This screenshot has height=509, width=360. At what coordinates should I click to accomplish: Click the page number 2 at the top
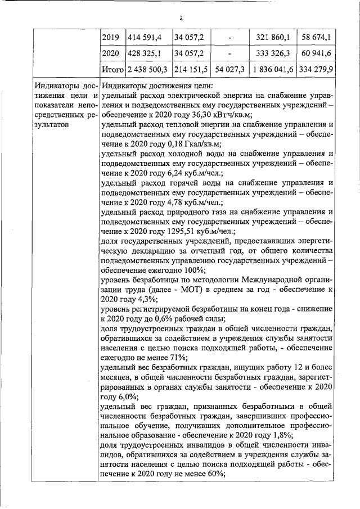point(181,17)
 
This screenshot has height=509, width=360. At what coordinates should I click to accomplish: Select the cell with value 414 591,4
point(145,37)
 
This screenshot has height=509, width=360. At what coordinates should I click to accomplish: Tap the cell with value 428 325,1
point(145,54)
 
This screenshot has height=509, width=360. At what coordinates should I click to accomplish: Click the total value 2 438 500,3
point(147,70)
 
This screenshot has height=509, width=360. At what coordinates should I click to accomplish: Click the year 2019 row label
point(112,37)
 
